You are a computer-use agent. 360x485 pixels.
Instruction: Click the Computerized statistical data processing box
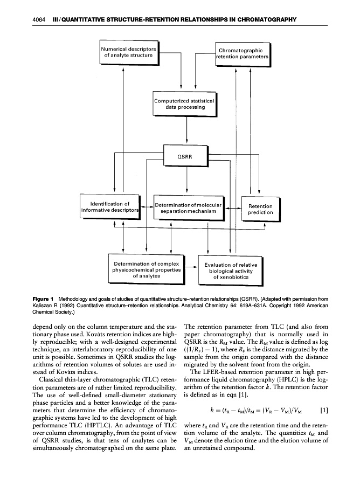tap(185, 104)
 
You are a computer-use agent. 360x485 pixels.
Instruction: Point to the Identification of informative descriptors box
tap(109, 207)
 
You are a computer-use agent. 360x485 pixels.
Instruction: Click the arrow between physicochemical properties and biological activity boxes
tap(190, 266)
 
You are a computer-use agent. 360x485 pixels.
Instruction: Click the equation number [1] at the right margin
tap(323, 408)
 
